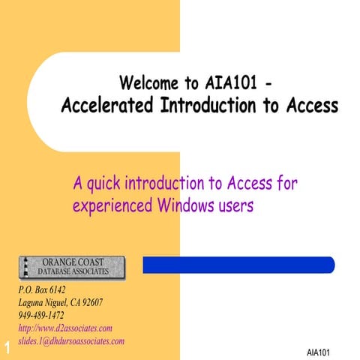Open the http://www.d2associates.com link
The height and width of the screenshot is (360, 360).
pyautogui.click(x=64, y=328)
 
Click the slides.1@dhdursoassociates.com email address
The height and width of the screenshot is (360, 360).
pyautogui.click(x=70, y=340)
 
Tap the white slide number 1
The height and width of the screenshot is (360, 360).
pyautogui.click(x=6, y=347)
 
